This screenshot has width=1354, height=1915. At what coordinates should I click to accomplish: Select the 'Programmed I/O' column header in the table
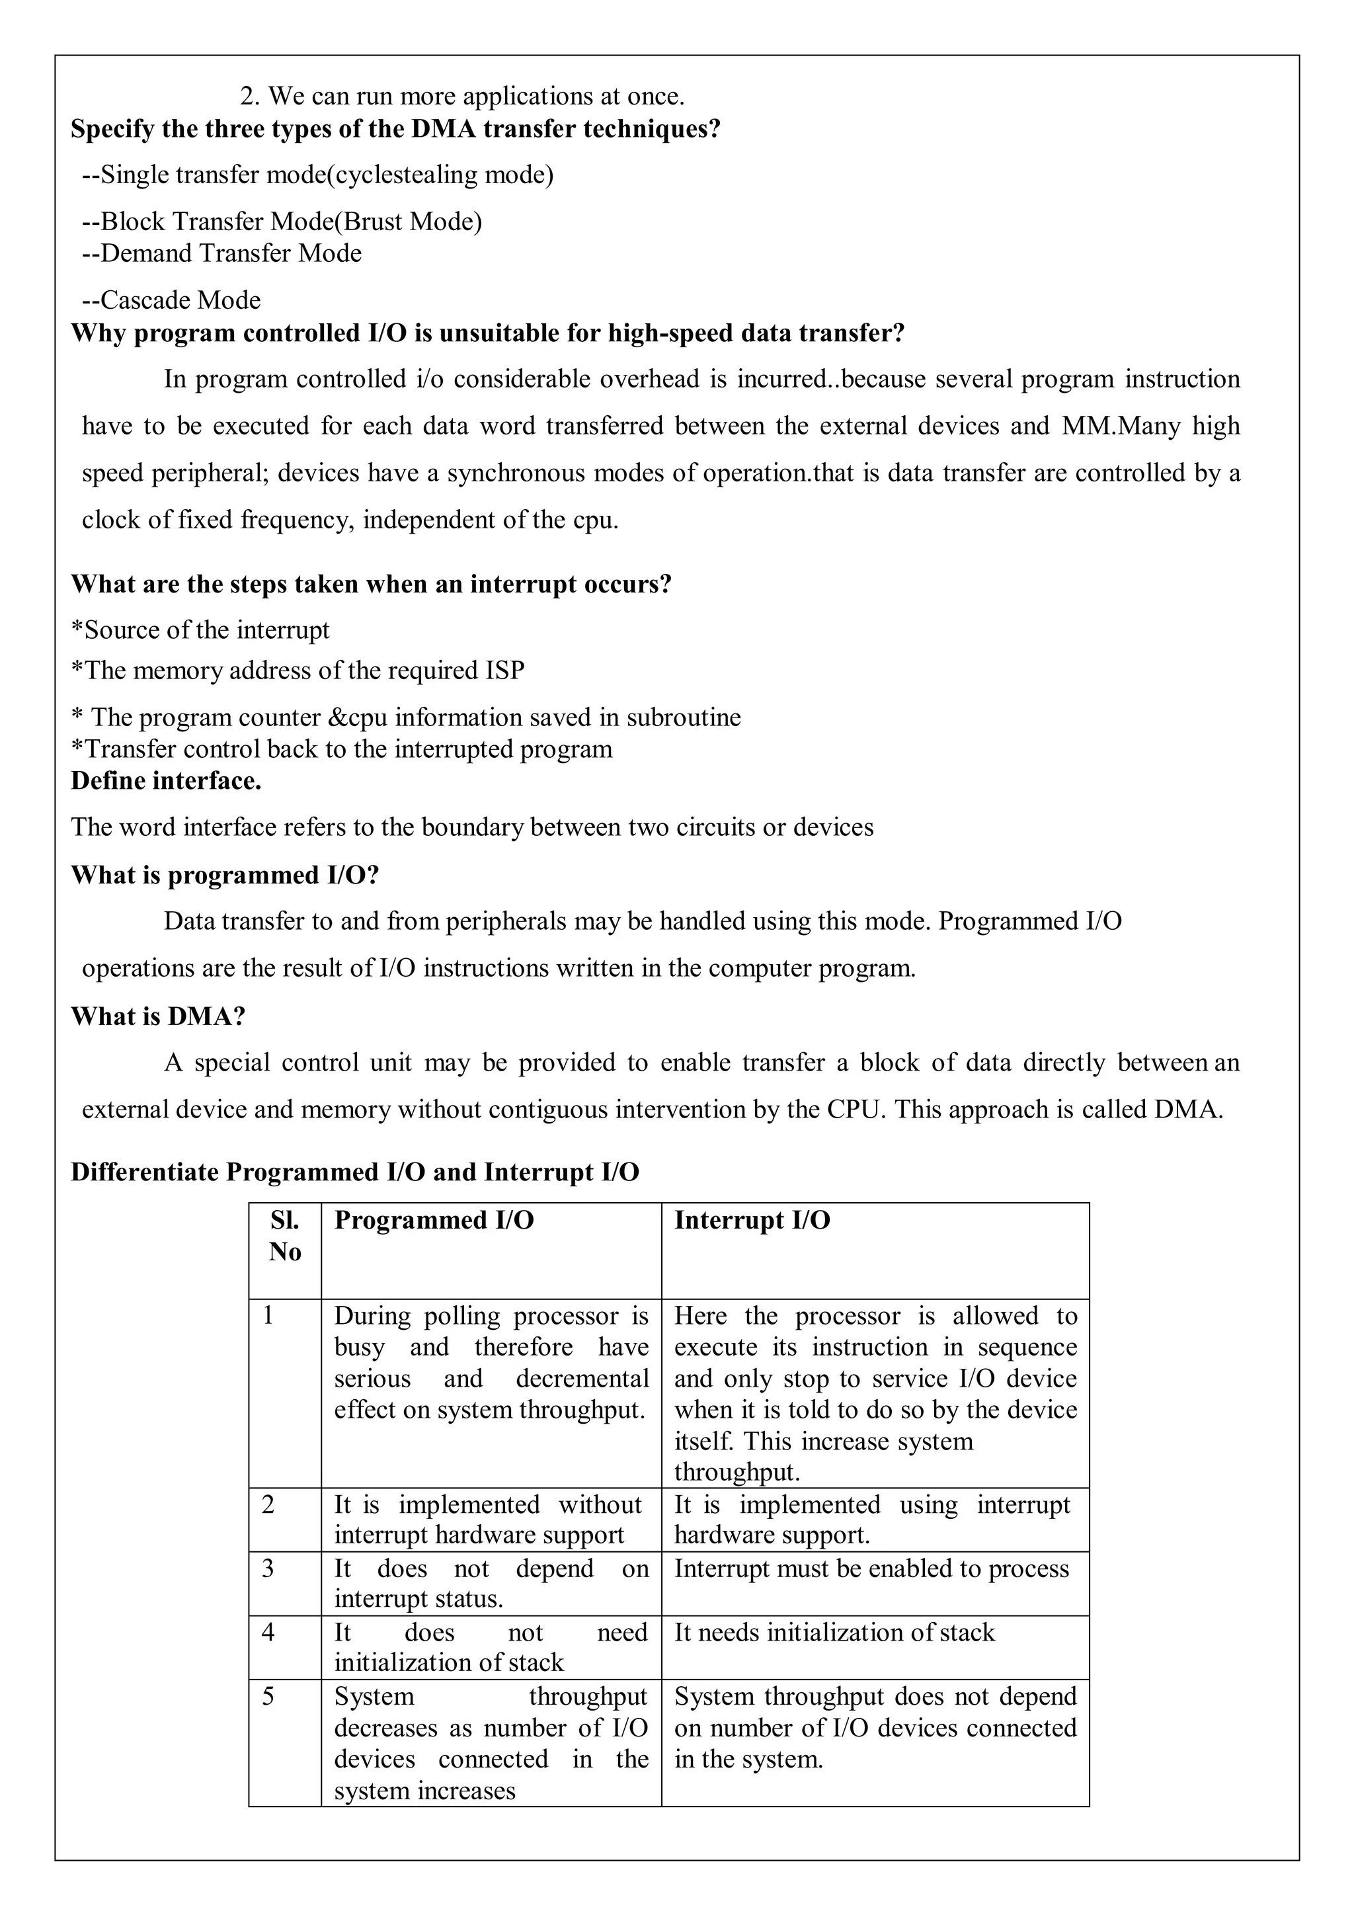point(434,1220)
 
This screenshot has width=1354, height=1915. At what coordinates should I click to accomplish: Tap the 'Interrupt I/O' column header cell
point(752,1220)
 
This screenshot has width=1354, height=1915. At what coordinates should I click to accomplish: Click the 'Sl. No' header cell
point(284,1236)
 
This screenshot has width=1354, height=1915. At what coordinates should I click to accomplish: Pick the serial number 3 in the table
point(268,1568)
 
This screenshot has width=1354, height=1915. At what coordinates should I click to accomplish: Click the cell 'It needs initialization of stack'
point(834,1632)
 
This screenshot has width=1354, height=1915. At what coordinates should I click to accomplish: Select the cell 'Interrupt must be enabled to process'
point(871,1568)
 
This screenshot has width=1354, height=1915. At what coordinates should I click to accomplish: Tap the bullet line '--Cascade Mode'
point(171,300)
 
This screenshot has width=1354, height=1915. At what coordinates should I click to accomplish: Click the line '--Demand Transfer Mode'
point(221,253)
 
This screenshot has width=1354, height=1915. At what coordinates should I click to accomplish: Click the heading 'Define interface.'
point(166,781)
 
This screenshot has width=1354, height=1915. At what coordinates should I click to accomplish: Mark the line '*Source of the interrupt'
point(200,630)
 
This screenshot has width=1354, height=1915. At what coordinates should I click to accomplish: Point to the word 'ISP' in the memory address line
point(505,671)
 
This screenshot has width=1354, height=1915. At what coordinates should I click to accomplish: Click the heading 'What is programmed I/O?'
point(225,875)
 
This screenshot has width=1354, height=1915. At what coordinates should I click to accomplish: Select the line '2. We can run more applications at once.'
point(463,96)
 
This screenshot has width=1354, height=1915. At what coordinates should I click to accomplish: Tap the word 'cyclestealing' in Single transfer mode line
point(406,175)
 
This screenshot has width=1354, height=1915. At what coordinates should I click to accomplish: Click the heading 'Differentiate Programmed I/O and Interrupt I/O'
point(355,1172)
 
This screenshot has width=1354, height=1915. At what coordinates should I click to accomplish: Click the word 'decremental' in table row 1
point(582,1379)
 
